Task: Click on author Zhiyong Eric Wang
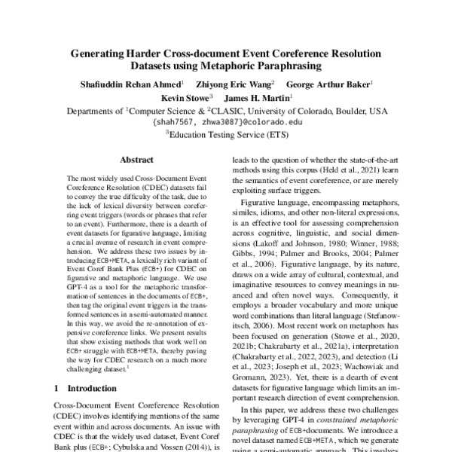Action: [x=234, y=84]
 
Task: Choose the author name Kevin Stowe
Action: [x=186, y=97]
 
